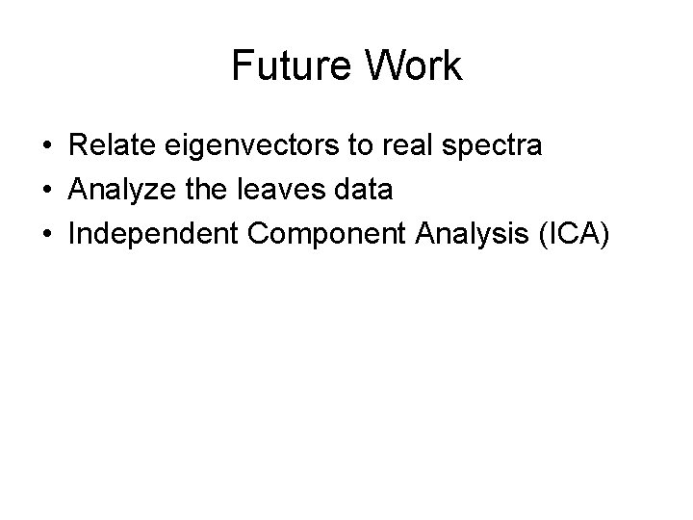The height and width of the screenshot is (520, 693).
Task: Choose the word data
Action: point(363,190)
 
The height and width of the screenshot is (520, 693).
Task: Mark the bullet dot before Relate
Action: point(47,147)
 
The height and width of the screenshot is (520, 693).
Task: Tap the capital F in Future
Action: point(242,66)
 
